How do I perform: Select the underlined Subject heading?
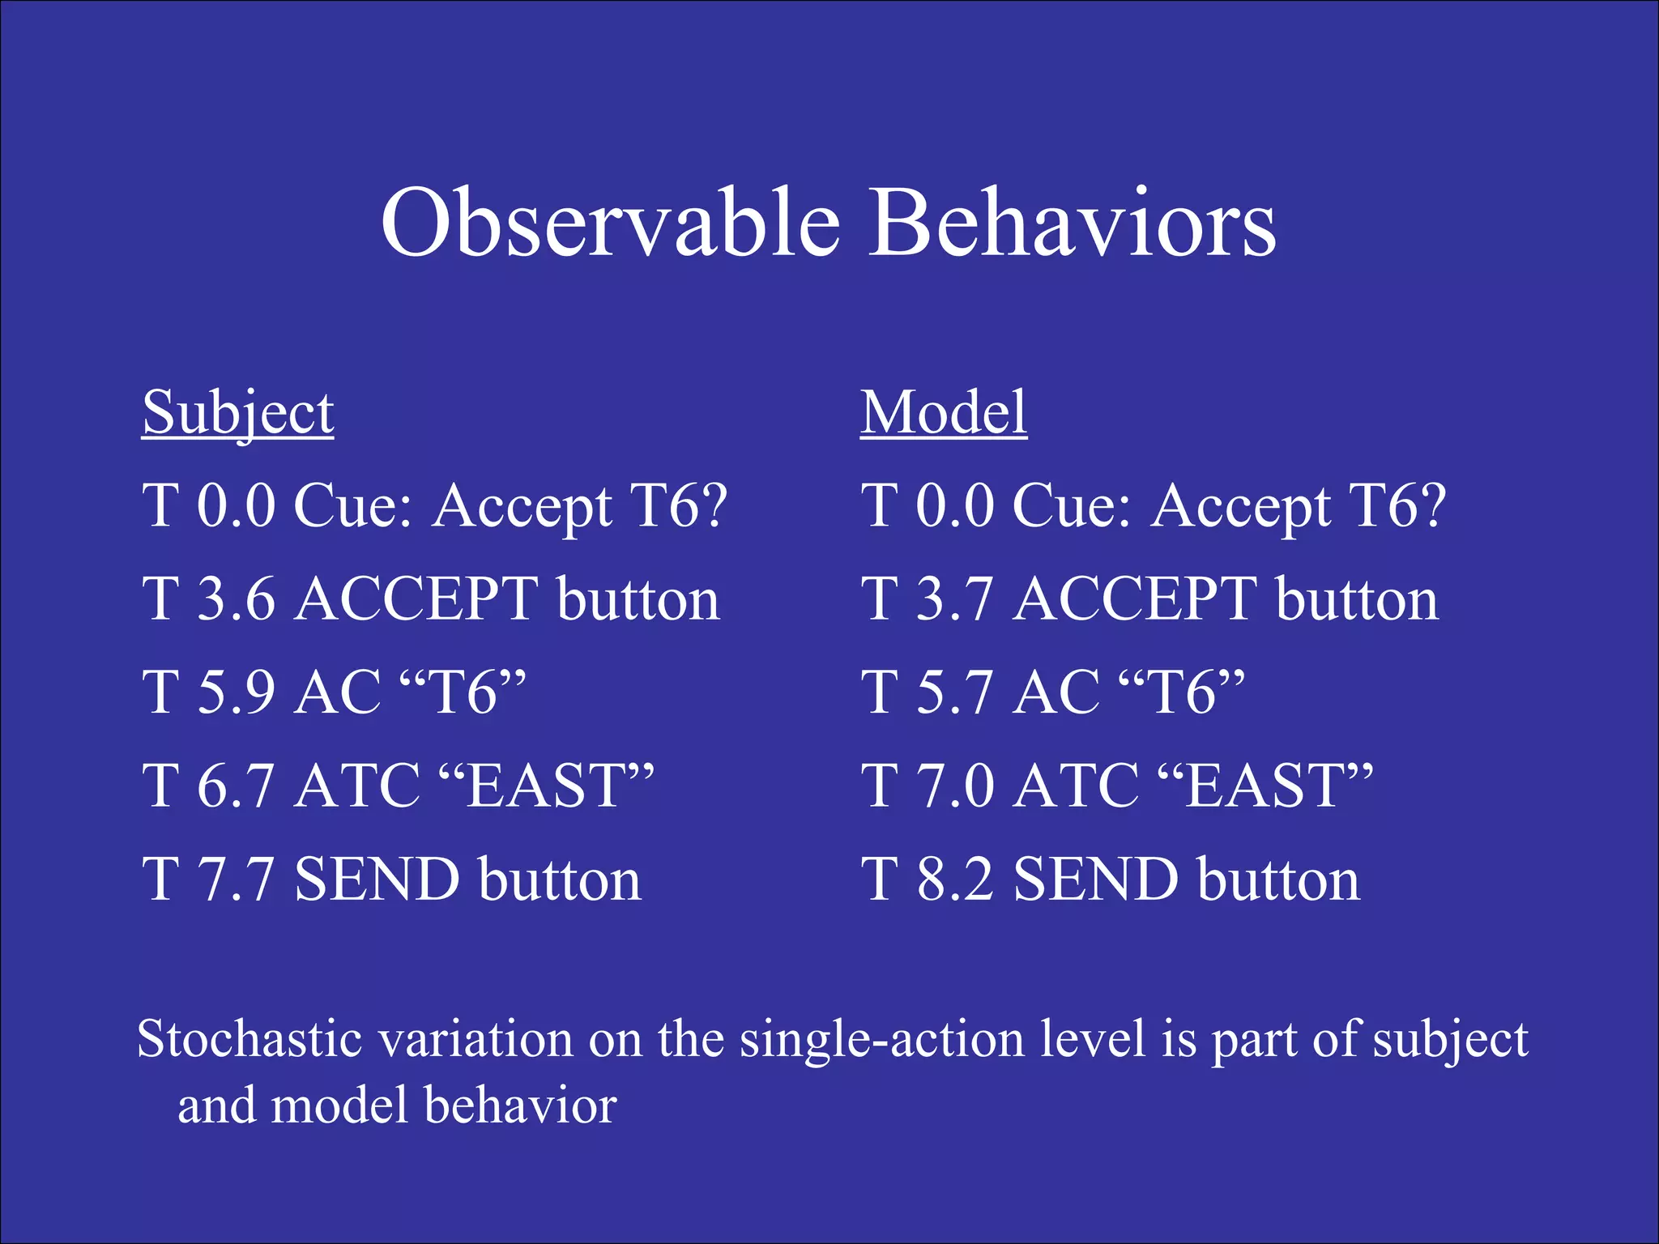[x=237, y=414]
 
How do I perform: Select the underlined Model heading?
[x=944, y=412]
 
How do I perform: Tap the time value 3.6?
[x=236, y=599]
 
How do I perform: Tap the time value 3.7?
[x=954, y=599]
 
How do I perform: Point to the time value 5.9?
[x=236, y=693]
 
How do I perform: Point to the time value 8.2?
[x=954, y=880]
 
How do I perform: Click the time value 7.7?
[x=236, y=880]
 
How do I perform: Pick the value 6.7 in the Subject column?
[x=236, y=786]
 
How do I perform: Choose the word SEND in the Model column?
[x=1095, y=880]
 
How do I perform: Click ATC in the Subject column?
[x=356, y=786]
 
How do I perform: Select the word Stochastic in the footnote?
[x=249, y=1039]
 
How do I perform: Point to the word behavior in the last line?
[x=520, y=1106]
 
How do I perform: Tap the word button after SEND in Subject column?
[x=559, y=880]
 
